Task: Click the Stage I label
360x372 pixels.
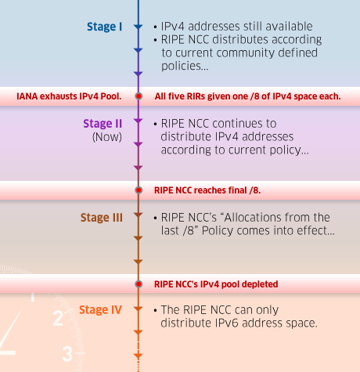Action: point(104,27)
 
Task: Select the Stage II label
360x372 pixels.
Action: point(103,124)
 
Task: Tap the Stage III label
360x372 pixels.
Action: point(101,218)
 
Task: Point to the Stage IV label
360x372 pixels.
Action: point(100,310)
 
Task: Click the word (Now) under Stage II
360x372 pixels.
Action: point(107,137)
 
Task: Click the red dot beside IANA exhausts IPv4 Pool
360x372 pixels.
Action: point(139,96)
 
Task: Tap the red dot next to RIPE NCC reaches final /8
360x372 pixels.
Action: point(139,190)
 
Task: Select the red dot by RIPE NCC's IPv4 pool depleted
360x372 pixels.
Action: point(139,284)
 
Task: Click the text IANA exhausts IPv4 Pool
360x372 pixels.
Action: point(69,96)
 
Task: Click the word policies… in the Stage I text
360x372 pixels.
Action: point(185,67)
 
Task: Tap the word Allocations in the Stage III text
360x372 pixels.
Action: point(251,218)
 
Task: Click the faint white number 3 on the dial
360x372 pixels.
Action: point(67,354)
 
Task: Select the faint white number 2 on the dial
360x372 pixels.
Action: point(58,318)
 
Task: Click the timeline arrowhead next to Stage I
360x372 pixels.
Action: point(139,27)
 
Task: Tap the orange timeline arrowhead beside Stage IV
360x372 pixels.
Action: point(139,309)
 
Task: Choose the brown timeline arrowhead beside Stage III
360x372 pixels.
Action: point(139,215)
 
